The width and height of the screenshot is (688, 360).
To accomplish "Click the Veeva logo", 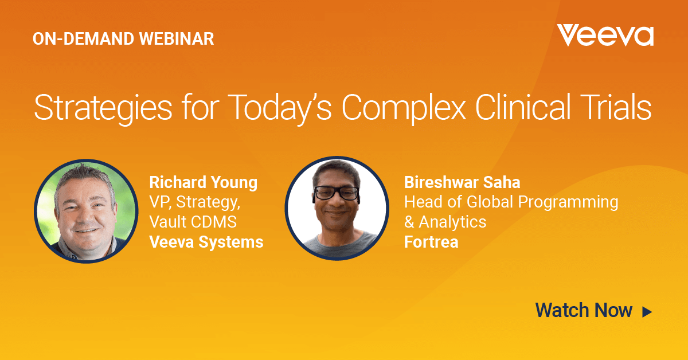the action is point(605,36).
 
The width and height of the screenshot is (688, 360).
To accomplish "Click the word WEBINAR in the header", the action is point(177,39).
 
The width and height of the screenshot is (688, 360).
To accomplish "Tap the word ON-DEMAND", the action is point(84,39).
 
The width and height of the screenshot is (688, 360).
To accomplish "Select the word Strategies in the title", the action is point(103,108).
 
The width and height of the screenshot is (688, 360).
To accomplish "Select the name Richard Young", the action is point(204,183).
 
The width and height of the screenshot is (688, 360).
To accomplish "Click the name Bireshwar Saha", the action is point(462,182).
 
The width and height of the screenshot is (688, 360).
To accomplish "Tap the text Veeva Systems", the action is point(206,242).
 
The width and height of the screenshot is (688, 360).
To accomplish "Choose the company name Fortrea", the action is point(431,242).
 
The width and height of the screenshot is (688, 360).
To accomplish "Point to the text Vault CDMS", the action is point(193,222).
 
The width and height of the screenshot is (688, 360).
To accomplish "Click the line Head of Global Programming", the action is point(511,203).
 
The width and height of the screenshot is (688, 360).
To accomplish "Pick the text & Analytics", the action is point(445,222).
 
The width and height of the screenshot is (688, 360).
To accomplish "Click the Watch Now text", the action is point(584,310).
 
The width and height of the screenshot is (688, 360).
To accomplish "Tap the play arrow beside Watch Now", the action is point(647,312).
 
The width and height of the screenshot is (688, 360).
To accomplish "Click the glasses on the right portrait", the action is point(337,193).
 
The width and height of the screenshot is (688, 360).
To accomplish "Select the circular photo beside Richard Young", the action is point(86,212).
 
